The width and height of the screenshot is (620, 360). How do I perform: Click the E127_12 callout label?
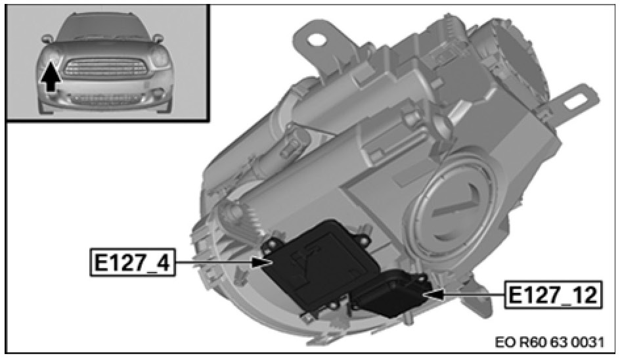coord(553,295)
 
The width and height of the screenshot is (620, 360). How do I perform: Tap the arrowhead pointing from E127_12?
coord(433,295)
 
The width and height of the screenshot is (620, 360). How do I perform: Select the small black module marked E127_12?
coord(391,294)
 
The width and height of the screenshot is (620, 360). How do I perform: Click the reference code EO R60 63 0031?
coord(549,342)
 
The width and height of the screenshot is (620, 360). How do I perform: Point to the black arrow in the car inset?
coord(51,78)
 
